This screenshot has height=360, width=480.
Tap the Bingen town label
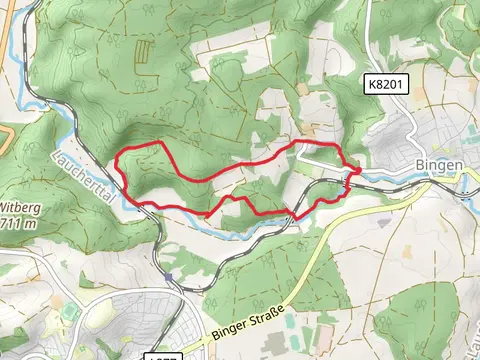437,165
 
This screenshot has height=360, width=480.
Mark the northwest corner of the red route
121,155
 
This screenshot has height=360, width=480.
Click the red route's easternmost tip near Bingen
359,168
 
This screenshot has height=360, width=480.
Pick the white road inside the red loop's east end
320,158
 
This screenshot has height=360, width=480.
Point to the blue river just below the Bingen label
440,182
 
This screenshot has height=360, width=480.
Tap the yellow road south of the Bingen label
440,215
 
